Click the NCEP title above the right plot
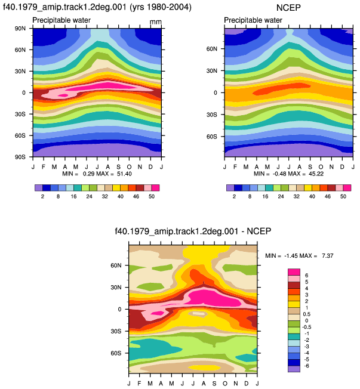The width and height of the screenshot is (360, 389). [288, 8]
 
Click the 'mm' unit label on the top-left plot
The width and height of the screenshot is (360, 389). [156, 22]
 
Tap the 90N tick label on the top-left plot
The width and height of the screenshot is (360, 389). [20, 28]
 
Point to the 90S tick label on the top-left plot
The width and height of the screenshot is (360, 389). [20, 157]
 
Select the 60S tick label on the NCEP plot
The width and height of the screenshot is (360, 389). [212, 137]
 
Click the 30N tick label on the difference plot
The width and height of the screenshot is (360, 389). [116, 288]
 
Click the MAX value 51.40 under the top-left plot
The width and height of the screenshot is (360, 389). [124, 174]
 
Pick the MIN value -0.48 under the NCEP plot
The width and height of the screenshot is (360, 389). [278, 174]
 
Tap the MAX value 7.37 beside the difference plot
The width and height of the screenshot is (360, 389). [328, 255]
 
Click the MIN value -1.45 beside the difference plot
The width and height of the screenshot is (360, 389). [291, 255]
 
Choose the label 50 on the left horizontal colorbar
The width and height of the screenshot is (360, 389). [152, 196]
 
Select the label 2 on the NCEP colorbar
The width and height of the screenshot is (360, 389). [234, 196]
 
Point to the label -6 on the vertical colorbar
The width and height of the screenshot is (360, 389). [307, 366]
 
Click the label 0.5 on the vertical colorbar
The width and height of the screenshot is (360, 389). [307, 314]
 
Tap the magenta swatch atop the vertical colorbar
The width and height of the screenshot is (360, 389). [294, 272]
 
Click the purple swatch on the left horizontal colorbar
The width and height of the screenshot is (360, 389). [39, 188]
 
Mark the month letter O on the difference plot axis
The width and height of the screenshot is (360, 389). [225, 384]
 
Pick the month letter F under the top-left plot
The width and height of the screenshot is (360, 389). [44, 166]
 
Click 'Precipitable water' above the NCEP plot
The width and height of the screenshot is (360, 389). [253, 20]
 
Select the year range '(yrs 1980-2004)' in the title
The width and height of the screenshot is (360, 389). [161, 7]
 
